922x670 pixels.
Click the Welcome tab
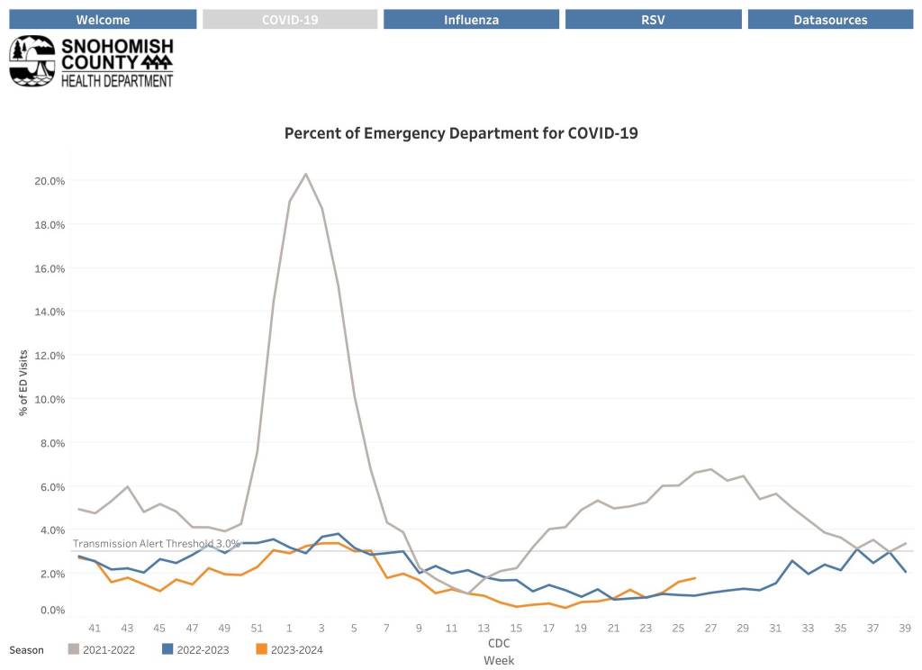coord(103,20)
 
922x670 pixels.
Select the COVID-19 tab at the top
coord(290,20)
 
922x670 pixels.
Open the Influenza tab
coord(471,20)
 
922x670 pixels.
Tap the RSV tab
coord(654,20)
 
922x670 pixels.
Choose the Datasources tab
coord(830,20)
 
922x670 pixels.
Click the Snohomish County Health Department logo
coord(91,61)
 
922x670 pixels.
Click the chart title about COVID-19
coord(461,133)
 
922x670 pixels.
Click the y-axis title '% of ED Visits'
coord(24,383)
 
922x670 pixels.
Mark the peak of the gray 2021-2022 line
coord(305,174)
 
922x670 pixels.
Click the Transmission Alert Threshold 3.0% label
coord(156,544)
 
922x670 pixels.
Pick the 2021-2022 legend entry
coord(106,649)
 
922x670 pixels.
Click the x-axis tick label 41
coord(95,628)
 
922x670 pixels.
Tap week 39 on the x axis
coord(905,628)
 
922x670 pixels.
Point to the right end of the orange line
coord(694,578)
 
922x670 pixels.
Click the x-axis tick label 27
coord(710,628)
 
